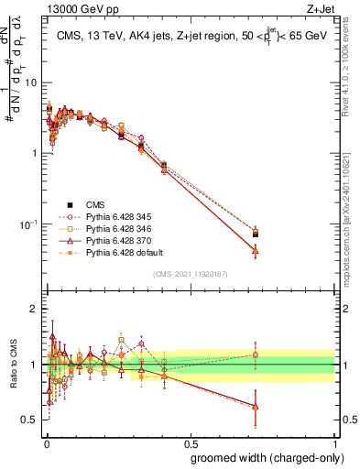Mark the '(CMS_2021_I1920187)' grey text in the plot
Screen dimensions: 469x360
190,274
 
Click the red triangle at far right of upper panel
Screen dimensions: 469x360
256,250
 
